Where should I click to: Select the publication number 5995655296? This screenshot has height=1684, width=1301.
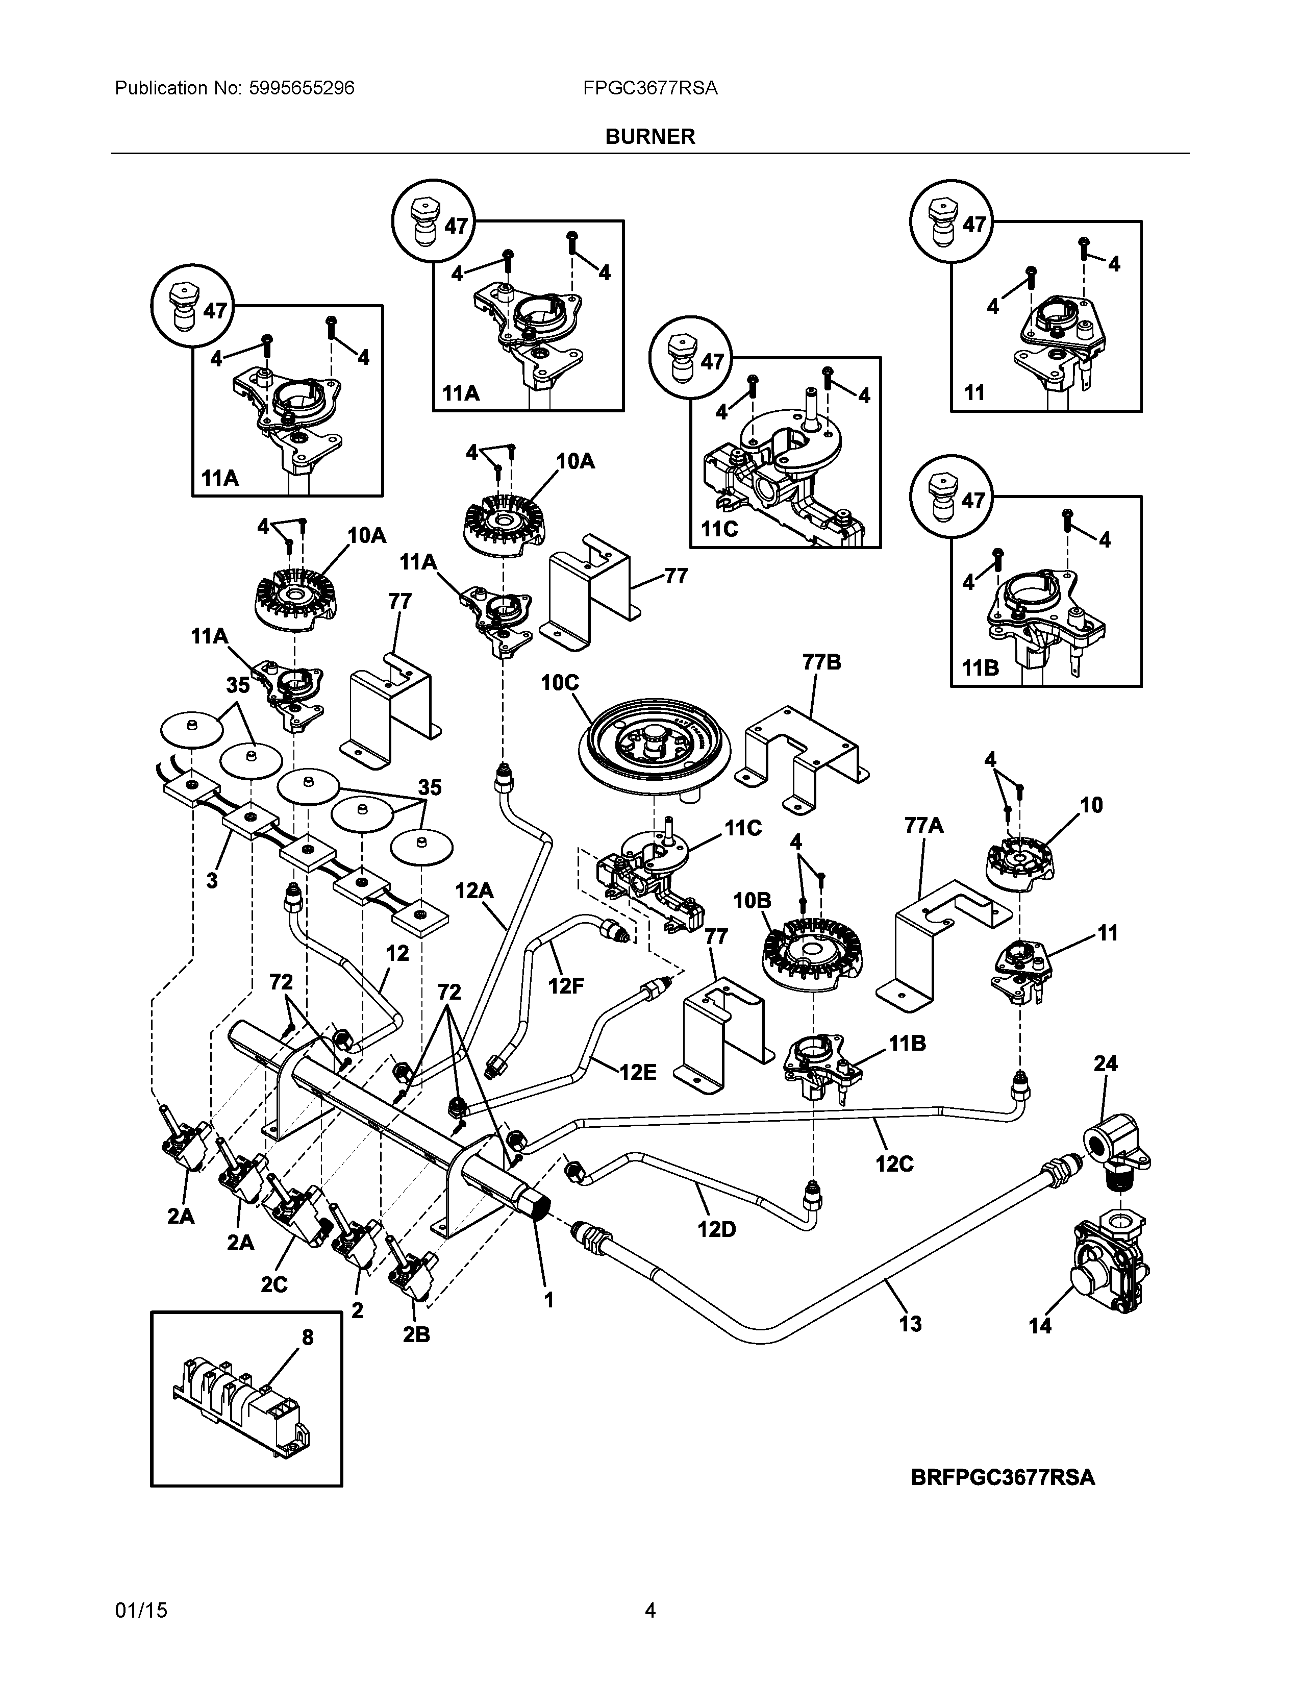(x=302, y=89)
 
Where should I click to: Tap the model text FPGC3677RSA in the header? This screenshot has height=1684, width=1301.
(x=649, y=89)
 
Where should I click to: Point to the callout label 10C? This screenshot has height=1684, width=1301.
(x=560, y=683)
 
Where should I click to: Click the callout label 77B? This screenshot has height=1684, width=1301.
(x=821, y=662)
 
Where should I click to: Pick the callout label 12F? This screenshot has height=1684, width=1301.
(x=566, y=986)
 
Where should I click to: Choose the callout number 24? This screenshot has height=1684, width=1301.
(x=1105, y=1063)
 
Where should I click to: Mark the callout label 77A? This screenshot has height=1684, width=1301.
(x=924, y=826)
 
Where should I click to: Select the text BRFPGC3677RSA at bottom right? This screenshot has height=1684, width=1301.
(x=1002, y=1477)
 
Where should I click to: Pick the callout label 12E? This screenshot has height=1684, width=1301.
(x=638, y=1073)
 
